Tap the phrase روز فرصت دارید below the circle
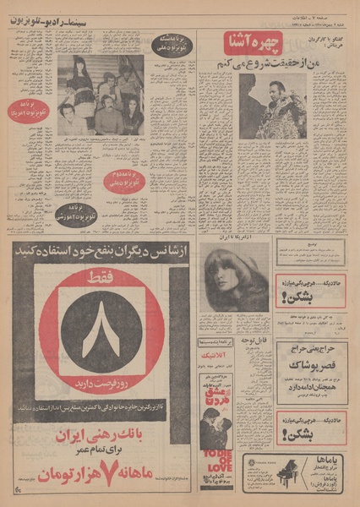click(x=101, y=392)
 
